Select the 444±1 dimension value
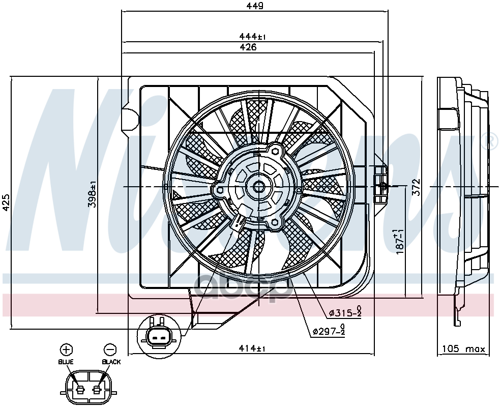[x=253, y=37]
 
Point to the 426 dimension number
[x=248, y=47]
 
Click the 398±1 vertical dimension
[x=93, y=194]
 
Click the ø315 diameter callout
[x=345, y=312]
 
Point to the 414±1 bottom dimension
[x=253, y=348]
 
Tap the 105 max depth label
[x=463, y=349]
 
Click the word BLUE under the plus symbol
[x=66, y=362]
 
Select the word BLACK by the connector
[x=111, y=362]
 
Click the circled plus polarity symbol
[x=66, y=350]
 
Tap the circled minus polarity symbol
[x=110, y=350]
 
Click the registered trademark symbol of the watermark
[x=493, y=141]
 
